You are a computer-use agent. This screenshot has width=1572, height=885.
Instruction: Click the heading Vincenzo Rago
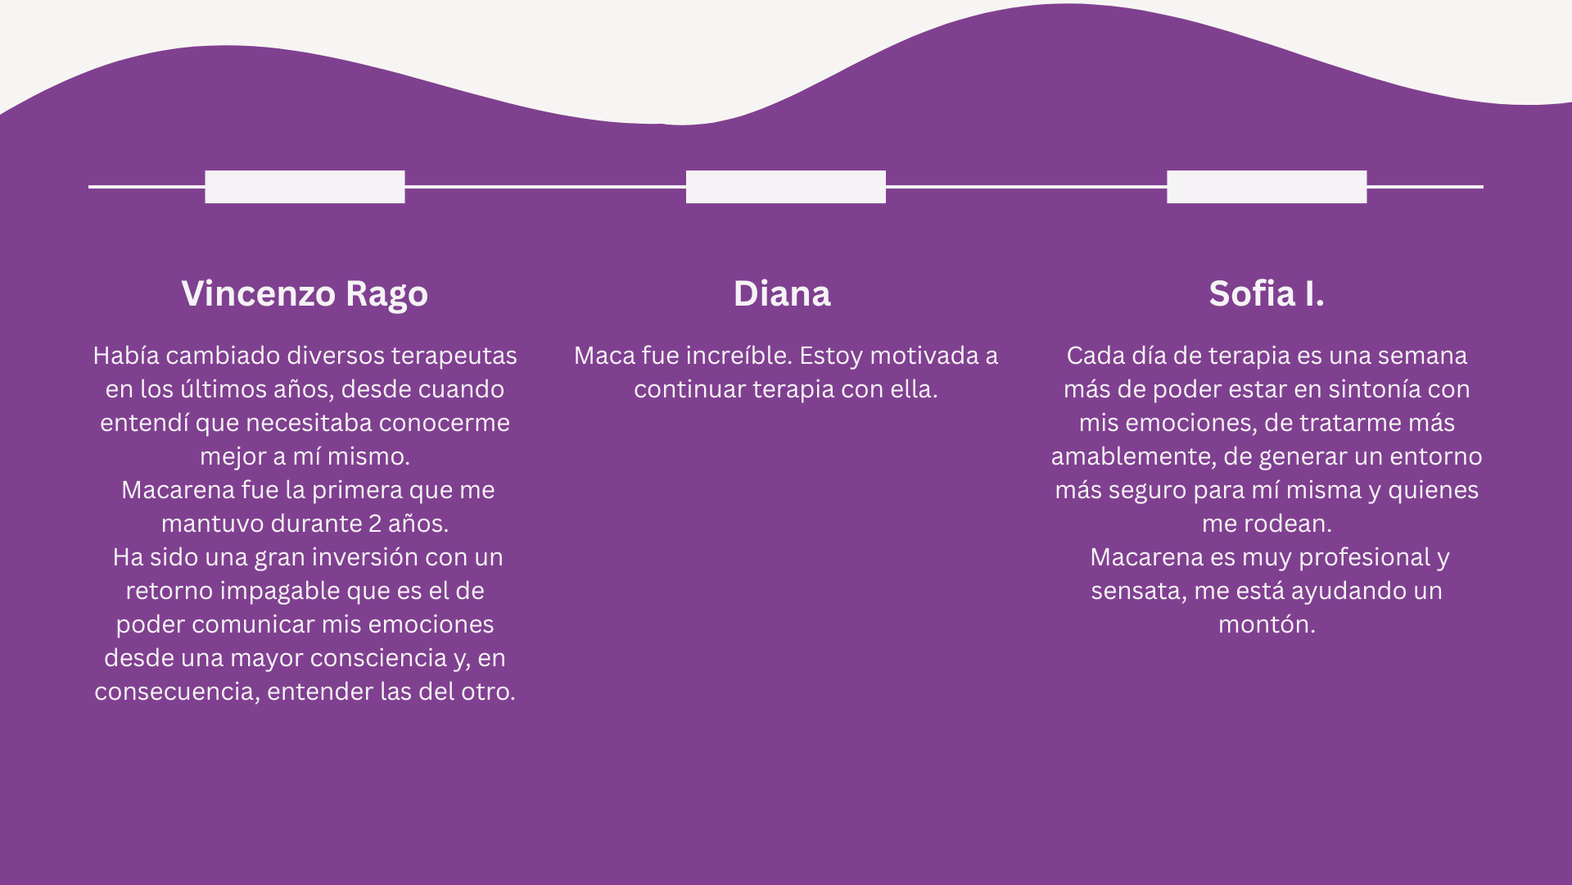pyautogui.click(x=305, y=293)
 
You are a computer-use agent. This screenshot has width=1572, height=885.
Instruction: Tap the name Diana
pyautogui.click(x=782, y=293)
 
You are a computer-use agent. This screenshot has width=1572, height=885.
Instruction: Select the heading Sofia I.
pyautogui.click(x=1267, y=293)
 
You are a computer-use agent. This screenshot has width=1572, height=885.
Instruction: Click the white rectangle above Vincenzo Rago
pyautogui.click(x=305, y=187)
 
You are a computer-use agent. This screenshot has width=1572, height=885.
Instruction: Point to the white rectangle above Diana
pyautogui.click(x=786, y=187)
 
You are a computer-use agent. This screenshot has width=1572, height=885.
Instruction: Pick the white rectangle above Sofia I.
pyautogui.click(x=1267, y=187)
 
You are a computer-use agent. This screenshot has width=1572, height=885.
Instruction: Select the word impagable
pyautogui.click(x=280, y=591)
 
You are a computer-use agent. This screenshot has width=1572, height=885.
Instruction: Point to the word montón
pyautogui.click(x=1266, y=624)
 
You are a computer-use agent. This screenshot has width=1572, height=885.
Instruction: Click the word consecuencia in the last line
pyautogui.click(x=176, y=692)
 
